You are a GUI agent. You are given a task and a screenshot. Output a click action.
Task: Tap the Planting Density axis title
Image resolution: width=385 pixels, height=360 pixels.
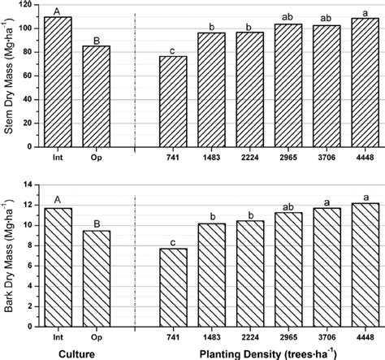[x=268, y=352]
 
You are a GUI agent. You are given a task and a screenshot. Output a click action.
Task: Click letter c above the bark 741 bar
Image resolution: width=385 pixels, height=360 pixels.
[x=172, y=241]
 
